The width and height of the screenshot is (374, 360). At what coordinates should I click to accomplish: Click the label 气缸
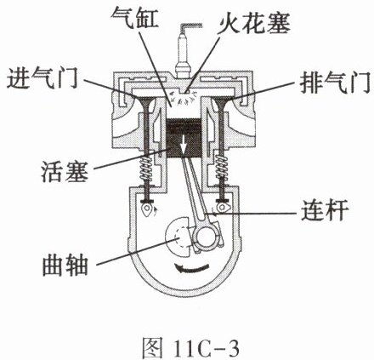(x=134, y=19)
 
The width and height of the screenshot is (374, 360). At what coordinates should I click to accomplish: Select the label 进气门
(x=42, y=79)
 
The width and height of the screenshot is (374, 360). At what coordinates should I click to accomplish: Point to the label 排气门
(x=335, y=83)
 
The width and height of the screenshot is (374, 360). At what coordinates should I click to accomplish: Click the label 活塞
(x=65, y=172)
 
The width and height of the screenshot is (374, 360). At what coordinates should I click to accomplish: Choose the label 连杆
(x=324, y=210)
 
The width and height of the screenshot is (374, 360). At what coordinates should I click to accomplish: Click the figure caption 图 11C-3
(x=190, y=346)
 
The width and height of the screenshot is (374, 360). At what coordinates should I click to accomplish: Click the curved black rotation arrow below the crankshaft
(x=191, y=268)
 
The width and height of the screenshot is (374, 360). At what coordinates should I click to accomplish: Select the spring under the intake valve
(x=147, y=169)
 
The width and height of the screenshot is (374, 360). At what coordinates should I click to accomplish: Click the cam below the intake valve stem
(x=148, y=209)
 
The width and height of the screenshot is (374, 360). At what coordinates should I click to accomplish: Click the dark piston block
(x=184, y=138)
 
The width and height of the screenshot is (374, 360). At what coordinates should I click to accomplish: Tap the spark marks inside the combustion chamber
(x=184, y=98)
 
